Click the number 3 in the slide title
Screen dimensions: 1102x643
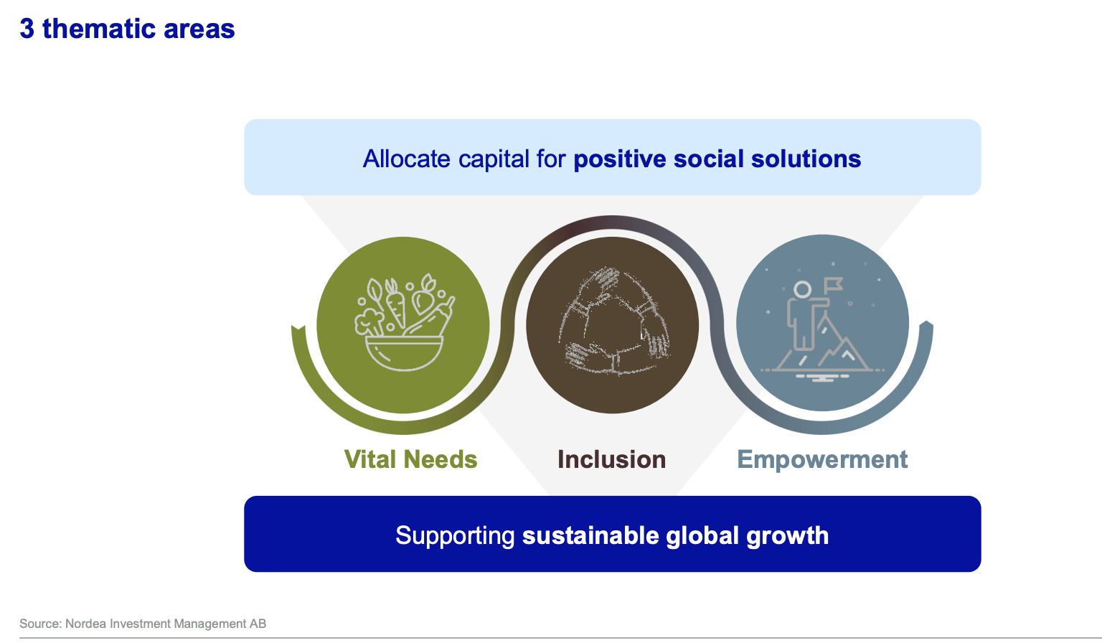pos(27,29)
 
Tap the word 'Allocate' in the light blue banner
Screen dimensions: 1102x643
pos(406,159)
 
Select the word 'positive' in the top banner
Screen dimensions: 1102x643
pos(619,159)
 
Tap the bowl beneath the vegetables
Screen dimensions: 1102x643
pos(404,353)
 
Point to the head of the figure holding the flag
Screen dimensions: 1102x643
pos(802,289)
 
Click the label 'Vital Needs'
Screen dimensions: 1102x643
pos(410,459)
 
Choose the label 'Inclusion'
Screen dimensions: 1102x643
pos(611,459)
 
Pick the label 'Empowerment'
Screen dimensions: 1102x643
pos(822,460)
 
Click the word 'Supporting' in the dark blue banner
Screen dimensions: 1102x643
pos(455,536)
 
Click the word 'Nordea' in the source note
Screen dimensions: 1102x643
pos(85,624)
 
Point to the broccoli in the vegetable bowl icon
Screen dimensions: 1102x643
pos(369,322)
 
